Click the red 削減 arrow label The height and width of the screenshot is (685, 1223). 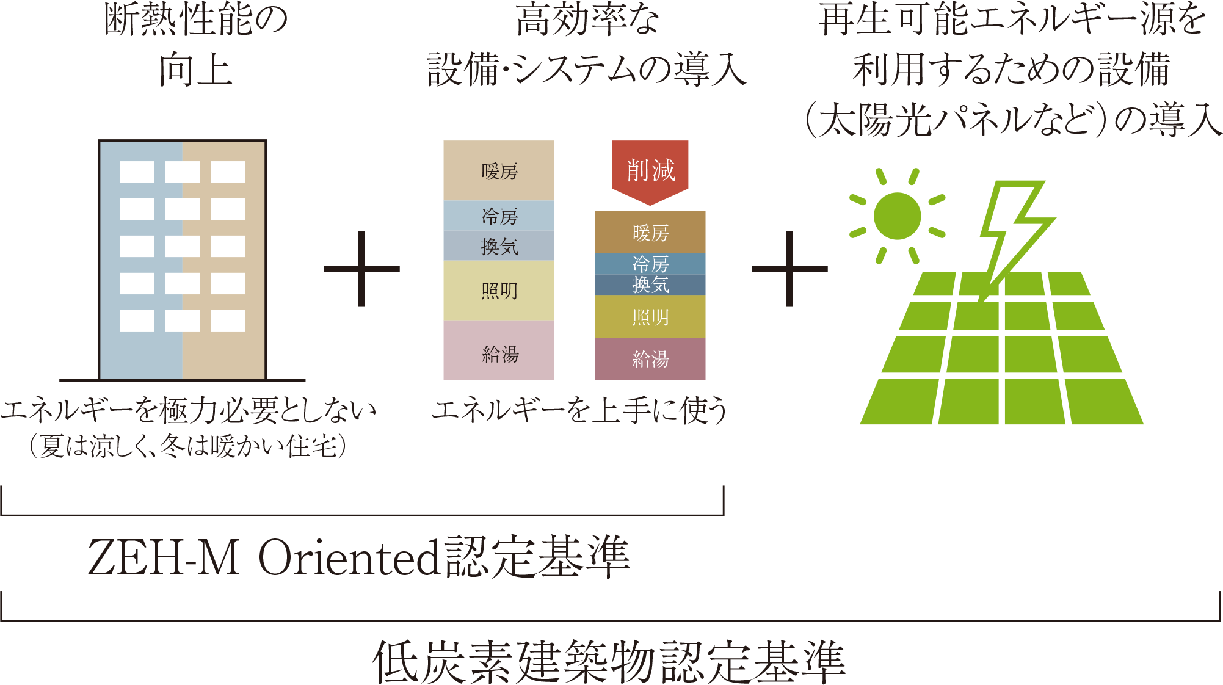click(x=650, y=172)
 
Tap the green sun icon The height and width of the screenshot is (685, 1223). click(x=897, y=216)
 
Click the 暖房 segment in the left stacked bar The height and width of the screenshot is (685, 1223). click(x=499, y=170)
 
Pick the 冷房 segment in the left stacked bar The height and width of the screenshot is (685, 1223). click(x=499, y=216)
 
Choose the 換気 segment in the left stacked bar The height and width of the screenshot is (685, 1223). click(x=499, y=245)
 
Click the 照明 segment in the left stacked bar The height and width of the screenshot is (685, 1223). click(x=499, y=291)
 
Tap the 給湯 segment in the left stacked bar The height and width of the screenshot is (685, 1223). click(x=499, y=350)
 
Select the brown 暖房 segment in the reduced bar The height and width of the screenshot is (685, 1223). click(x=650, y=232)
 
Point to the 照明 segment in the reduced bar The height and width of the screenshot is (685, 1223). click(x=650, y=317)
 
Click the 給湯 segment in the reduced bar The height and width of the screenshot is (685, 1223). click(x=650, y=359)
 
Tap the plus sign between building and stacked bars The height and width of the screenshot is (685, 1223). click(x=361, y=269)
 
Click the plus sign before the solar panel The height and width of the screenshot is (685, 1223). click(x=789, y=269)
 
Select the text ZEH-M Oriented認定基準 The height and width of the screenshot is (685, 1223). click(x=359, y=557)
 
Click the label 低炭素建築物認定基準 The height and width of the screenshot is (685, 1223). click(x=609, y=662)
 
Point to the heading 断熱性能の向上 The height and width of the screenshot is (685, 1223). click(x=196, y=44)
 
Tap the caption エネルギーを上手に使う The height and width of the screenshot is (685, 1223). click(x=579, y=409)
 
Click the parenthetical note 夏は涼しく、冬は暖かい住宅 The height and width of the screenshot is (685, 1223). click(x=188, y=446)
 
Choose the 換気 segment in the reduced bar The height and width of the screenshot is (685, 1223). click(x=650, y=285)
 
